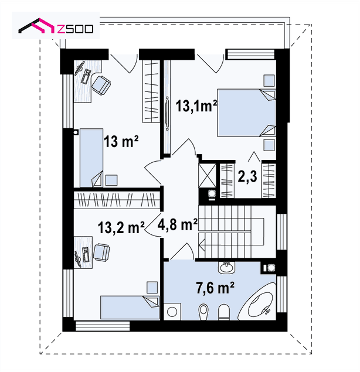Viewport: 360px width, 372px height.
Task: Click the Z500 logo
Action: [56, 26]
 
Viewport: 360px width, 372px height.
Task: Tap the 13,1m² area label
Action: [196, 105]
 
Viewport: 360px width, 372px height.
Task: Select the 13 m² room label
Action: [121, 141]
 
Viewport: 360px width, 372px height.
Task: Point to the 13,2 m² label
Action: [121, 228]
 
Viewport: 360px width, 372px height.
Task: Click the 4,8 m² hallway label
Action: [178, 224]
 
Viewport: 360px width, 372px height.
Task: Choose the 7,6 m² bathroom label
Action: [215, 288]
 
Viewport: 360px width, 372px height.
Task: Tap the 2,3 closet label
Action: [247, 176]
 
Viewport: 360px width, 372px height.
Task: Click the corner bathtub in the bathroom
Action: [258, 301]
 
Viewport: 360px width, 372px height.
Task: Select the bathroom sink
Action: [226, 268]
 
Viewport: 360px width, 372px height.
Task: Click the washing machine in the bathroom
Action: [172, 312]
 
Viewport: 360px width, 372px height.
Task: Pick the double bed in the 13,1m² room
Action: [246, 113]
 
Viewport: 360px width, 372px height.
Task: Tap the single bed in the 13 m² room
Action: [91, 158]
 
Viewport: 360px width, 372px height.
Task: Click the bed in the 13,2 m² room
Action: [130, 308]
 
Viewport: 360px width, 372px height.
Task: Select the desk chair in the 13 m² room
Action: [101, 86]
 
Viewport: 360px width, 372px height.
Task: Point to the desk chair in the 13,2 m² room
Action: [101, 252]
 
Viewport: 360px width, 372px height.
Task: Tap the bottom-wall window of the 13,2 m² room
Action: [103, 326]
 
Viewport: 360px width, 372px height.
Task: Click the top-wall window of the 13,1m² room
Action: [250, 54]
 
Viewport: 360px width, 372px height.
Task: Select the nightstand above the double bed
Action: [269, 81]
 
